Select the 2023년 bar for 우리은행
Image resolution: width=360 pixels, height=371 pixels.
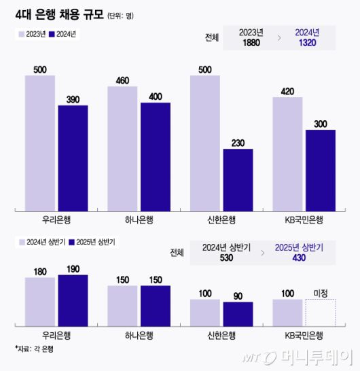(x=40, y=143)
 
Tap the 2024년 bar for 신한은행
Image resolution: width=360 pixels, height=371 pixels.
(x=238, y=179)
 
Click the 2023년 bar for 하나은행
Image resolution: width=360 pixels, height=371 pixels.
(x=122, y=147)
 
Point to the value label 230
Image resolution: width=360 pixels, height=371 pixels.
(x=238, y=143)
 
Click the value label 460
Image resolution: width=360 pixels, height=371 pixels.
(x=122, y=81)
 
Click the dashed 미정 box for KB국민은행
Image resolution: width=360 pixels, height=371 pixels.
(x=321, y=311)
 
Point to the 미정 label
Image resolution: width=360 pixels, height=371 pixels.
(x=321, y=293)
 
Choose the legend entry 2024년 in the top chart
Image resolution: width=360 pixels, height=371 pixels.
(x=65, y=35)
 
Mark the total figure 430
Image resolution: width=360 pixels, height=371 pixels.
(x=299, y=258)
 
